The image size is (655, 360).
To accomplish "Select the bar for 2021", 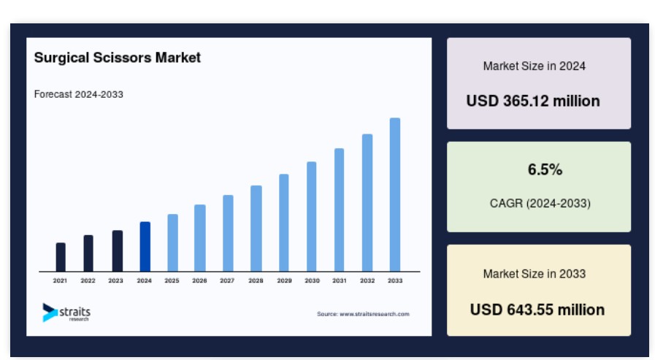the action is pos(61,257).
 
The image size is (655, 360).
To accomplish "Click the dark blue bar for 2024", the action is pos(145,246).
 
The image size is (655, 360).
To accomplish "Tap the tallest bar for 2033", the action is pos(395,195).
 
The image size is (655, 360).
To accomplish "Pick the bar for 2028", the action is pos(256,229).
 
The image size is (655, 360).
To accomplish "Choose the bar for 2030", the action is pos(312,216).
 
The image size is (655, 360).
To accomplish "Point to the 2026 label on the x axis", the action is pos(199,280).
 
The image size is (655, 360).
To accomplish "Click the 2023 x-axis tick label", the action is pos(115,280).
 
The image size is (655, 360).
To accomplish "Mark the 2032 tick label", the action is pos(367,280).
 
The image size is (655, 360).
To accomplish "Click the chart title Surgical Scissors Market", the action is pos(118,57).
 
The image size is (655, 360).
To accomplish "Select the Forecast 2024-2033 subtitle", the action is pos(79,94).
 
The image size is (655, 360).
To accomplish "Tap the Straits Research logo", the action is pos(66,313).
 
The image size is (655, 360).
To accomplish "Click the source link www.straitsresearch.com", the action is pos(375,314).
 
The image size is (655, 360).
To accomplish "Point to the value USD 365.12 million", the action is pos(533,101).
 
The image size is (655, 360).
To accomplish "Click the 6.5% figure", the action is pos(545,169).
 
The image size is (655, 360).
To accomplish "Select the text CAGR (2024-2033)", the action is pos(540,204).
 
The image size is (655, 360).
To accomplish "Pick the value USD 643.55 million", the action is pos(537,310).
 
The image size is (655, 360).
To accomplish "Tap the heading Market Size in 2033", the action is pos(535,274).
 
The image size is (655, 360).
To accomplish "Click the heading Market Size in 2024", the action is pos(535,66).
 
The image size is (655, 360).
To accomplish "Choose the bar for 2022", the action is pos(88,253).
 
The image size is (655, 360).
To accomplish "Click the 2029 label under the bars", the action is pos(285,280).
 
